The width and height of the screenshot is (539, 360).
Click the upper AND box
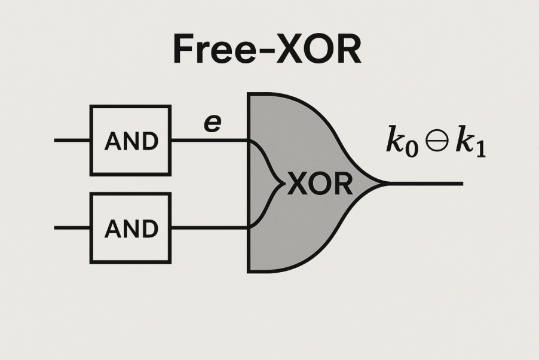click(130, 141)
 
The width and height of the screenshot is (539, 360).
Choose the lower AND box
click(130, 228)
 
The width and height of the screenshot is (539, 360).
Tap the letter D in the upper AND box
click(151, 141)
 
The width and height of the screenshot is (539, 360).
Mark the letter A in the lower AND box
click(112, 228)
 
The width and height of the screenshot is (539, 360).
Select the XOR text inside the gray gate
click(320, 185)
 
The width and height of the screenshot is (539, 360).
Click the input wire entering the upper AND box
click(72, 141)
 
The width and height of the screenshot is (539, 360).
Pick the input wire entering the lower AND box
click(72, 228)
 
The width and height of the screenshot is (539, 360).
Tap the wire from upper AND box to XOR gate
click(209, 141)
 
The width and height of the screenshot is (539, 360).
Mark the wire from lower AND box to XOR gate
click(209, 228)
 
